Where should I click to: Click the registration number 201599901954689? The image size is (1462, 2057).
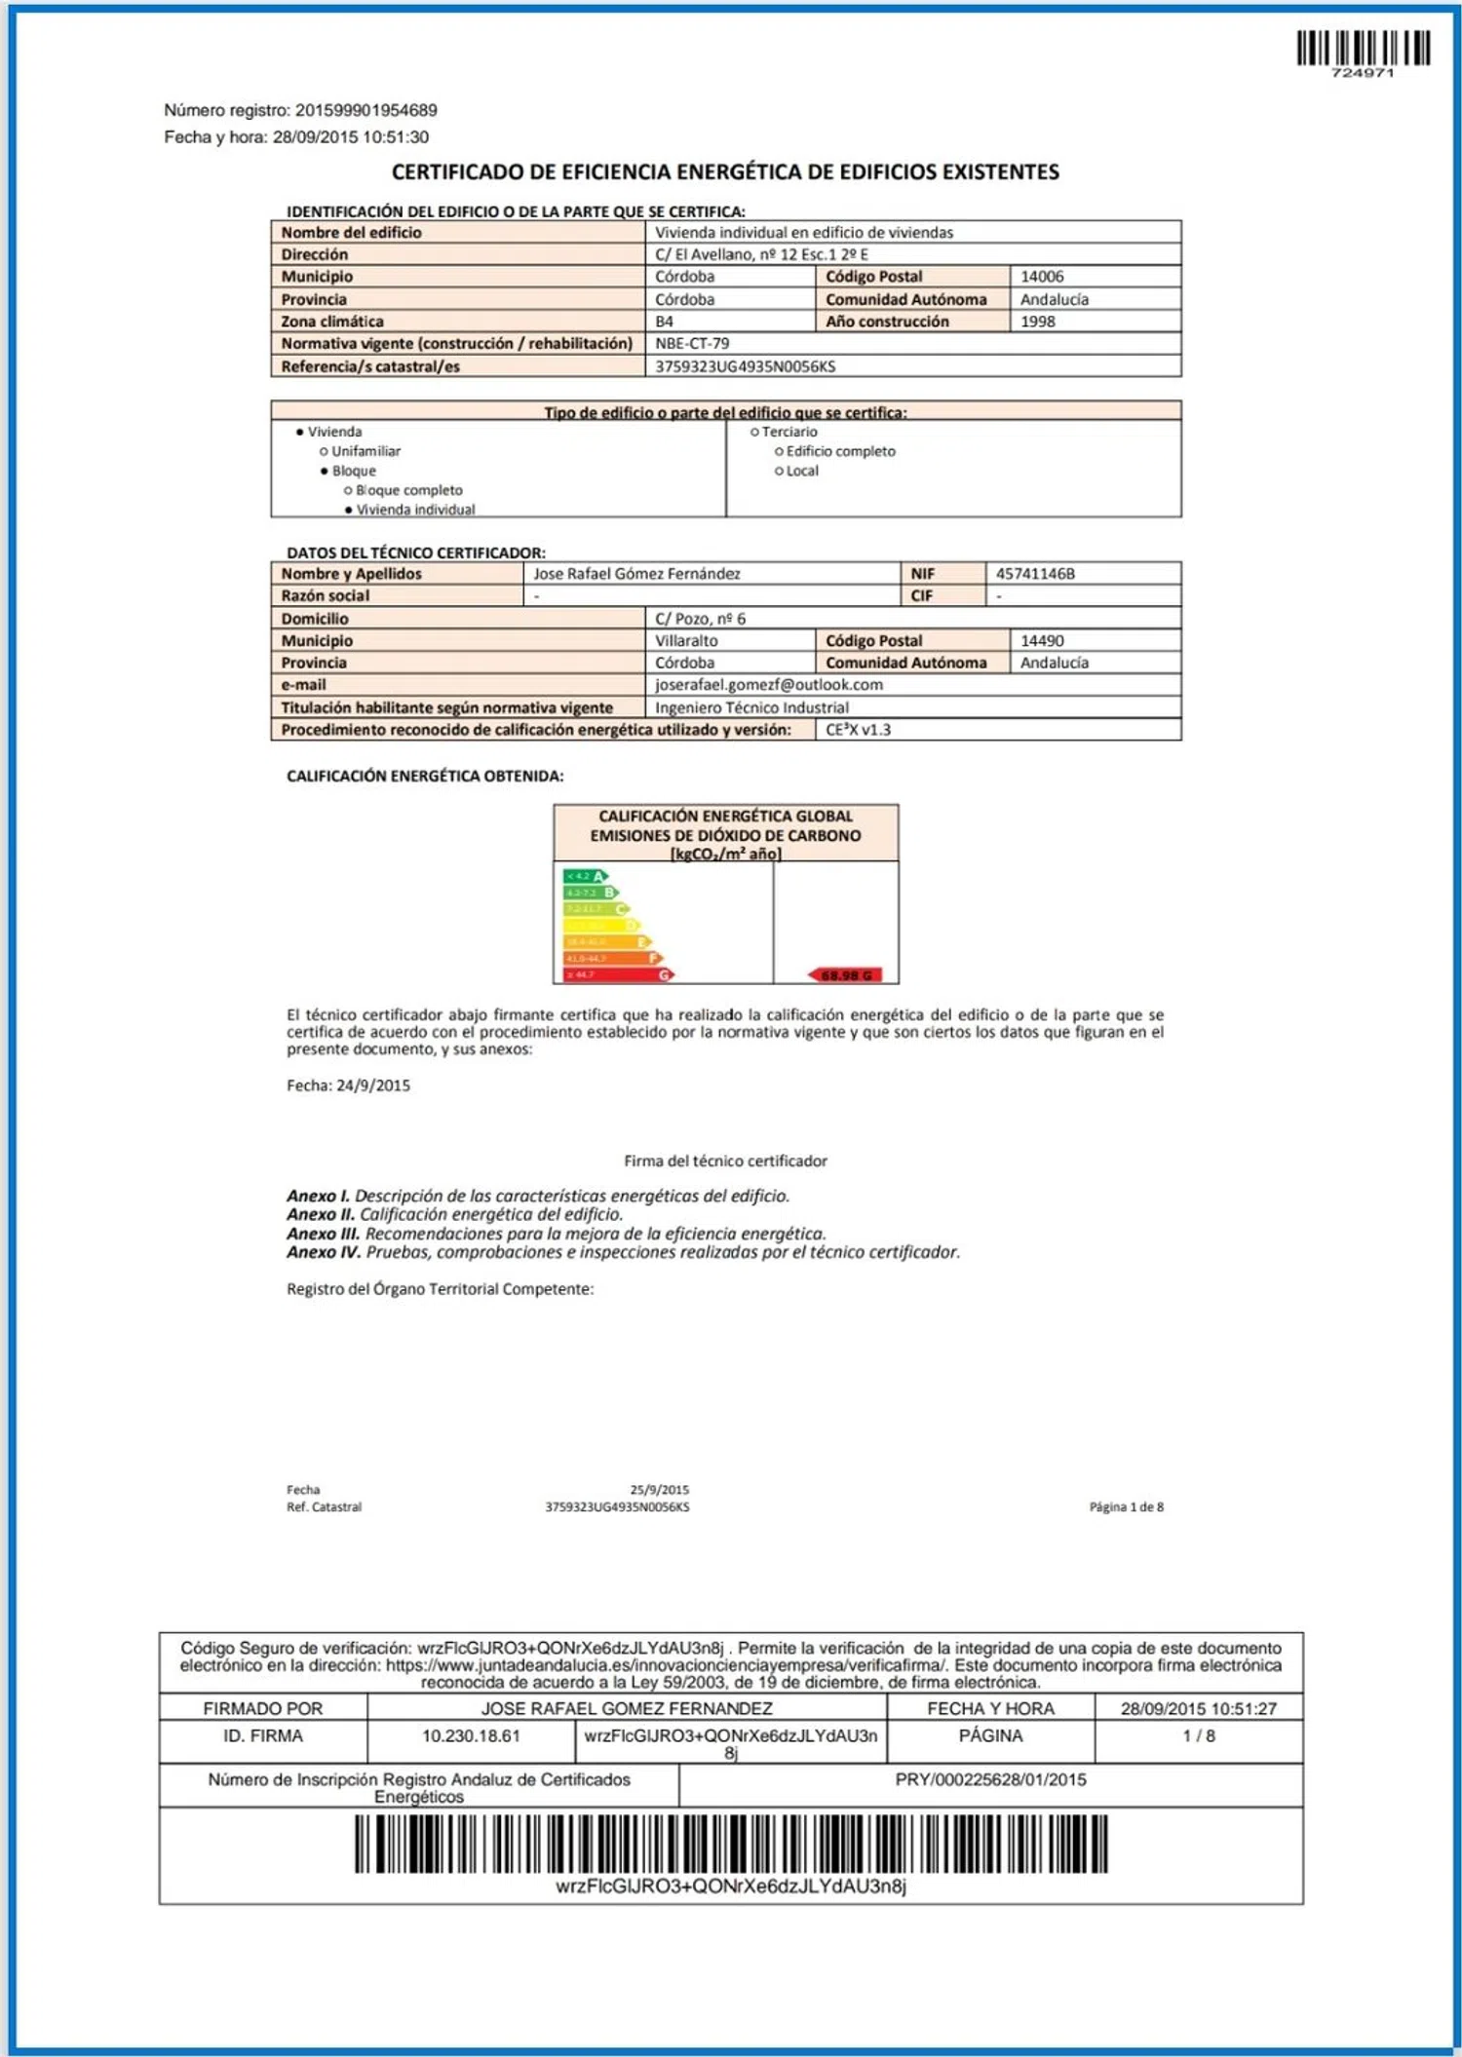point(365,110)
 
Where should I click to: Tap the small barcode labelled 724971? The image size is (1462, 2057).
point(1363,49)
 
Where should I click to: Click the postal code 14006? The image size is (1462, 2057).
point(1042,277)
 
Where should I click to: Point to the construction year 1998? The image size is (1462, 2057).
point(1037,322)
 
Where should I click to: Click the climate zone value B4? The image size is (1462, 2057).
point(664,322)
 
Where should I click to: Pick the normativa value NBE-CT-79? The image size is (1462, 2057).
point(692,343)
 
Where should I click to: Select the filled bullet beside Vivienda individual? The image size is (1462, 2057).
point(348,511)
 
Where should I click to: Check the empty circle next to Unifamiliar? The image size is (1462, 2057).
point(324,451)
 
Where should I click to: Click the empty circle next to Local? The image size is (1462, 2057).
point(779,472)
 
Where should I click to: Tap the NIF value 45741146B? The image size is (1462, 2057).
point(1035,574)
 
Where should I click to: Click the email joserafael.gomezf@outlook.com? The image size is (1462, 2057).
point(768,685)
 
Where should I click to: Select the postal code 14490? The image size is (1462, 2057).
point(1042,641)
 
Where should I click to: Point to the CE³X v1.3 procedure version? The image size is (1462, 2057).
point(858,730)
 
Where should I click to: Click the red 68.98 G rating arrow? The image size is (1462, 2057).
point(846,974)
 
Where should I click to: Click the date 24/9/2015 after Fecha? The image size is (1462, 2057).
point(372,1086)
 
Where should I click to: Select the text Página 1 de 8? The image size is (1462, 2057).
point(1126,1507)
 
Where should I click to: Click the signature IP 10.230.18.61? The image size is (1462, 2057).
point(471,1736)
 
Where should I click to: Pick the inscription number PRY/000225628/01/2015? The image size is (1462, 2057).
point(990,1780)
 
